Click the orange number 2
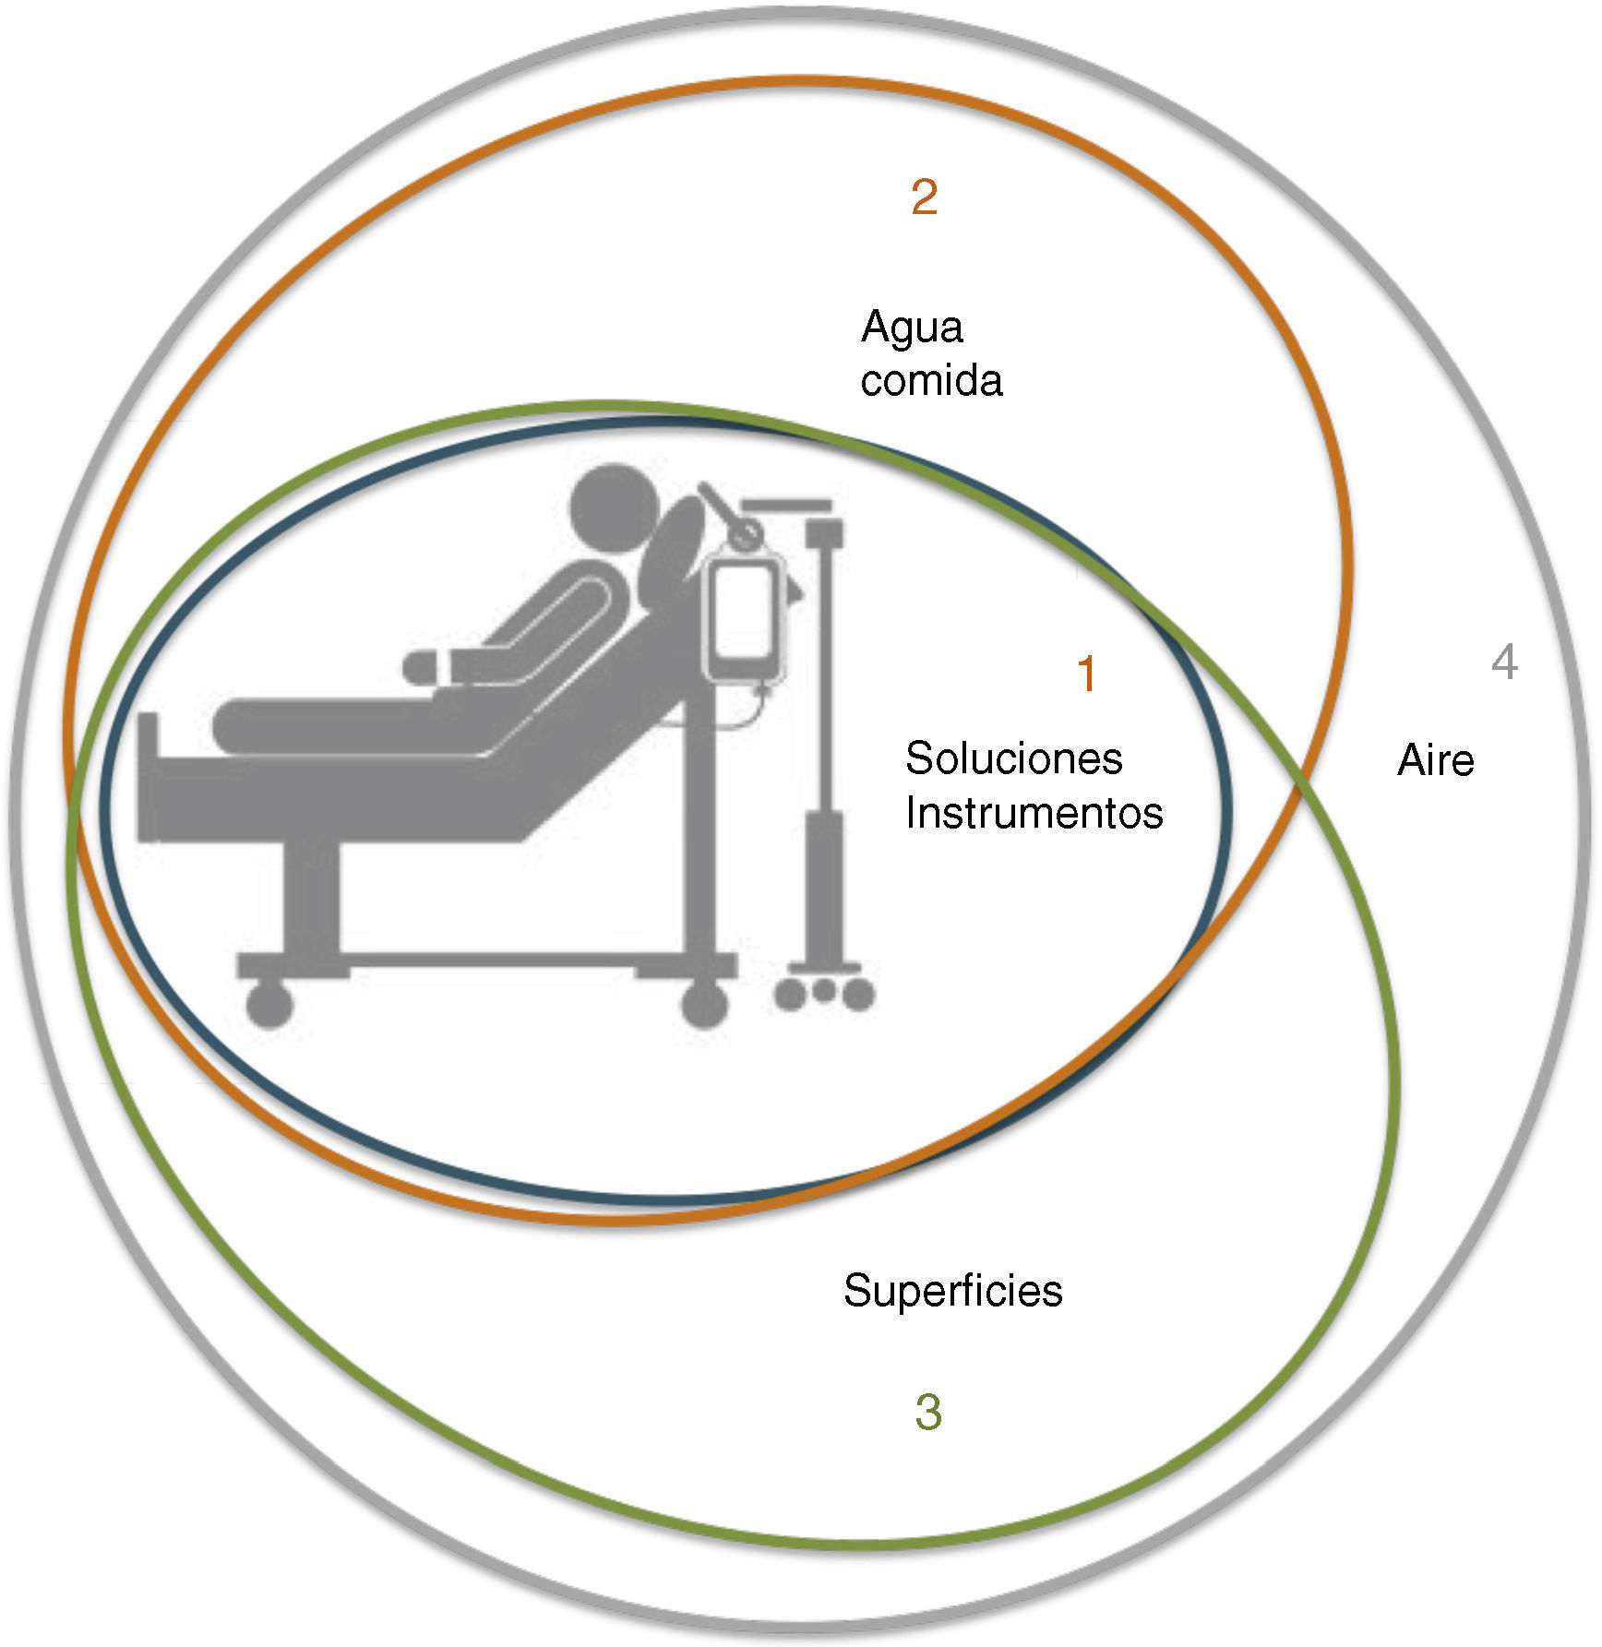click(924, 197)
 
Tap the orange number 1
click(1086, 674)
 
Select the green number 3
click(928, 1413)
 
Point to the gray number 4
click(1504, 662)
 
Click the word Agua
click(912, 328)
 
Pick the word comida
click(930, 380)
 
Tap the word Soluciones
click(1013, 758)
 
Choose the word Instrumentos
click(1034, 813)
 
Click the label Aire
click(1435, 760)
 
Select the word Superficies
click(952, 1290)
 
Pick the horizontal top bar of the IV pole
click(787, 505)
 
